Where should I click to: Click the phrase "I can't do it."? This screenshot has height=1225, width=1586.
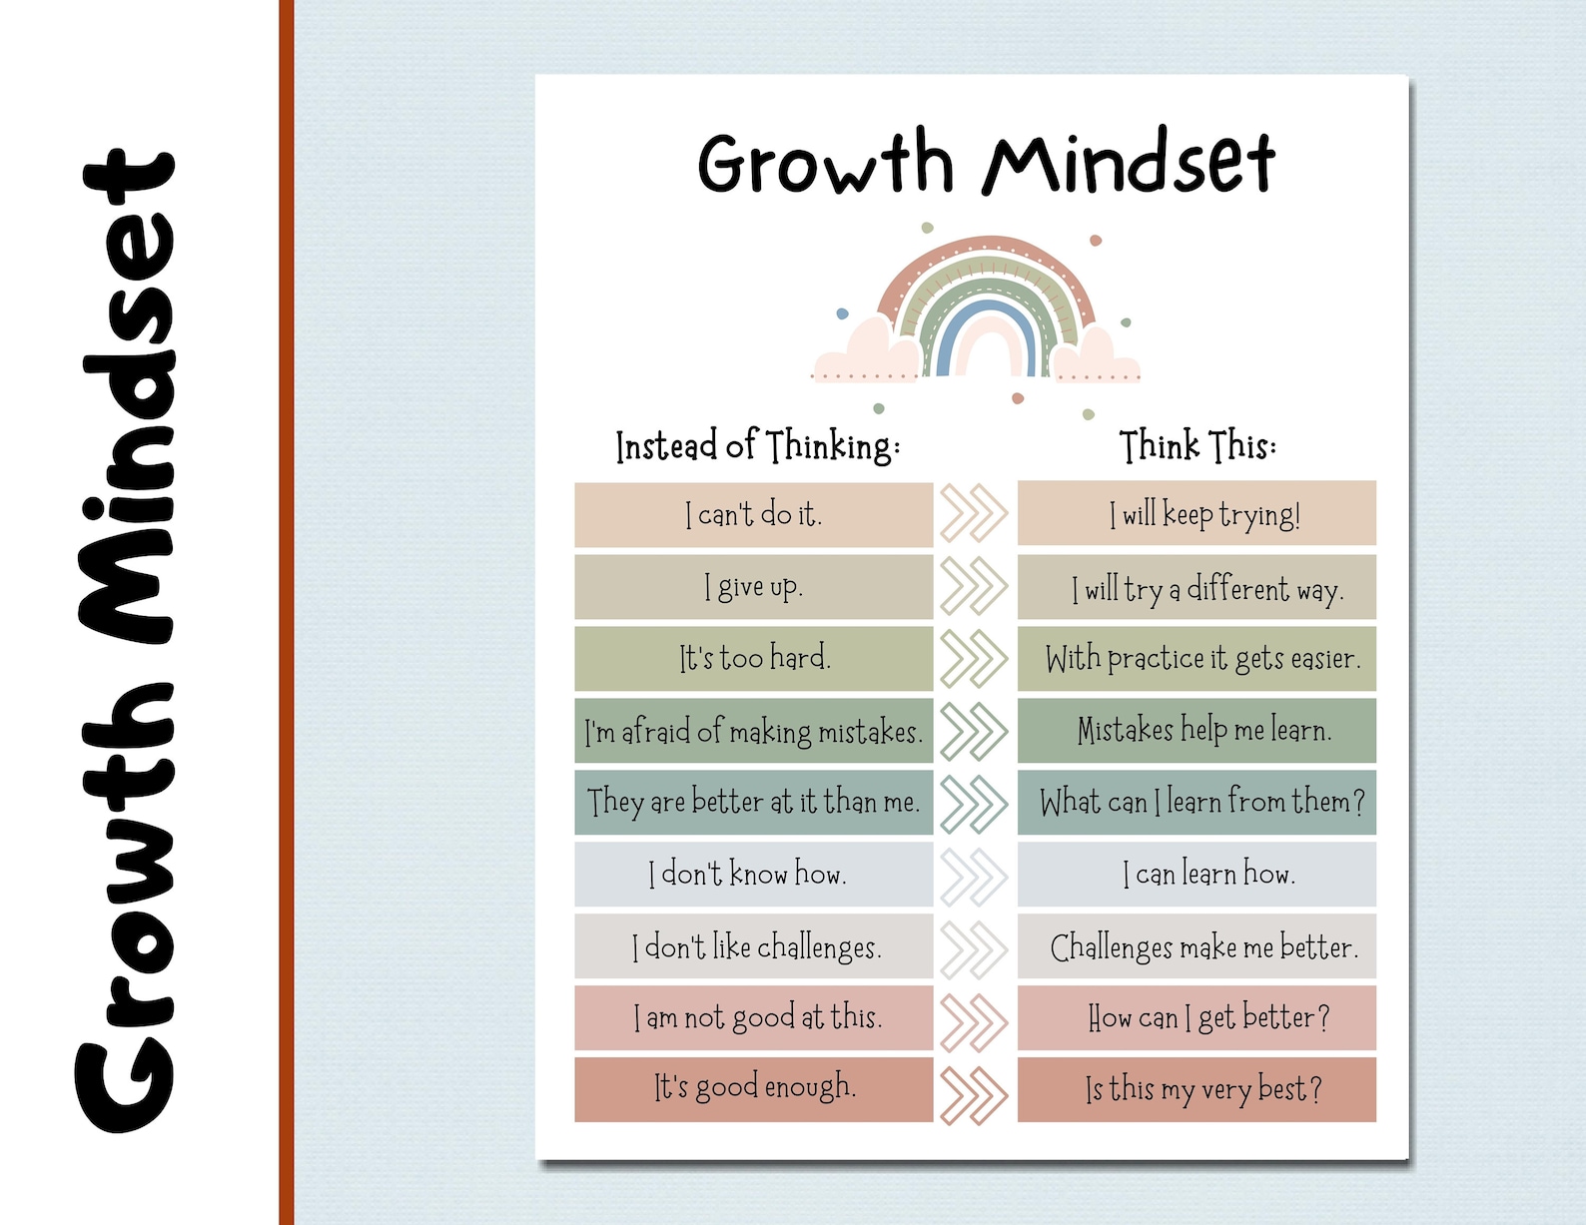pyautogui.click(x=754, y=515)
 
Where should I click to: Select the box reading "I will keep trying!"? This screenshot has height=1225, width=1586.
pyautogui.click(x=1196, y=514)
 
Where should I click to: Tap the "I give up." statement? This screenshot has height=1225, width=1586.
pyautogui.click(x=754, y=587)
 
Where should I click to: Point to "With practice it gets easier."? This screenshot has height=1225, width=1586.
pyautogui.click(x=1196, y=659)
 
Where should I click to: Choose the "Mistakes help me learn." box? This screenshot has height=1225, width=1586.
pyautogui.click(x=1196, y=731)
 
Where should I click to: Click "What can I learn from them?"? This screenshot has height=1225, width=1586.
pyautogui.click(x=1196, y=803)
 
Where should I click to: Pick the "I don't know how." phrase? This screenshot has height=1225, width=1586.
pyautogui.click(x=754, y=875)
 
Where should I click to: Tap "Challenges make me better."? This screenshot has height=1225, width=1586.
pyautogui.click(x=1196, y=946)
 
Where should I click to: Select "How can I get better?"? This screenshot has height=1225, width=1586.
pyautogui.click(x=1196, y=1018)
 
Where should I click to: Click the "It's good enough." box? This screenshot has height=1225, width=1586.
pyautogui.click(x=754, y=1089)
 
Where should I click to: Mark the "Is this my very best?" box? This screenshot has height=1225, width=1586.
pyautogui.click(x=1196, y=1089)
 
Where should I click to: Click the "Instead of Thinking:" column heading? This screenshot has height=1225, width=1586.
pyautogui.click(x=757, y=445)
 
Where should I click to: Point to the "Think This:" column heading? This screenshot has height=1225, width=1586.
pyautogui.click(x=1196, y=445)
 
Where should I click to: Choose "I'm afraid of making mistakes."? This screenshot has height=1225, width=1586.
pyautogui.click(x=754, y=731)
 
